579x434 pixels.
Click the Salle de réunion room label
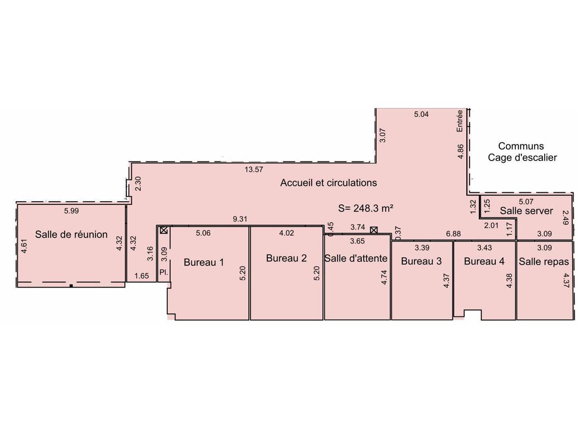[x=71, y=234]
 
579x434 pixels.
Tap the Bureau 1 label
[x=204, y=262]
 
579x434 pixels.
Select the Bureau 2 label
[x=286, y=258]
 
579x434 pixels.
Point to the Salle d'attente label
[x=355, y=258]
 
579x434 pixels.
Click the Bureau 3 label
[x=421, y=261]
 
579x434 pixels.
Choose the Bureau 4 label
[x=484, y=261]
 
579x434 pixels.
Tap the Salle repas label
[x=544, y=262]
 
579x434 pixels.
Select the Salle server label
[x=526, y=211]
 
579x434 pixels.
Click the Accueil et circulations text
[x=328, y=183]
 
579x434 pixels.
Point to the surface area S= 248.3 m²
[x=365, y=208]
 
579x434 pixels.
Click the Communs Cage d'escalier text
[x=522, y=152]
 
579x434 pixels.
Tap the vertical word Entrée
[x=460, y=121]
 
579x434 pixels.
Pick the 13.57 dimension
[x=253, y=170]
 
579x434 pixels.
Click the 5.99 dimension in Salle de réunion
[x=71, y=211]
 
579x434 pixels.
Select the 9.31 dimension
[x=239, y=219]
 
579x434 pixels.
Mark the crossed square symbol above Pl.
[x=164, y=230]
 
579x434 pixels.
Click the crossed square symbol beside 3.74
[x=374, y=230]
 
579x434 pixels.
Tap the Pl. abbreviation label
[x=164, y=272]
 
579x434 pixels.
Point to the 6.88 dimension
[x=453, y=233]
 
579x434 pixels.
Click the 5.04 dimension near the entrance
[x=421, y=114]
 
